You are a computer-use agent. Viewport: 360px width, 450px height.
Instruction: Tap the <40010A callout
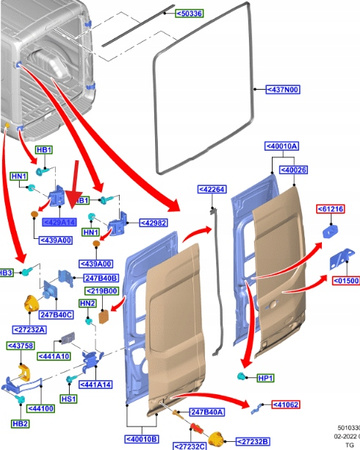click(281, 146)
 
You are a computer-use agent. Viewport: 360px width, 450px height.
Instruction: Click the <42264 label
click(211, 188)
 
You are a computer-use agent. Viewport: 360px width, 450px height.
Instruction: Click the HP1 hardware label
click(265, 378)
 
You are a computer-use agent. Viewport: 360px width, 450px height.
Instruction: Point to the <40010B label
click(147, 438)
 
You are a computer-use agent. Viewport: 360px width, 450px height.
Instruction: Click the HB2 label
click(19, 423)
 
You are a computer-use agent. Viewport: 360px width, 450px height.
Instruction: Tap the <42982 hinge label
click(151, 223)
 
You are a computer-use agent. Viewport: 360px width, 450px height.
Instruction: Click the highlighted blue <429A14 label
click(58, 222)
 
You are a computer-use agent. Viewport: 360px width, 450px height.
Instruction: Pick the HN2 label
click(88, 303)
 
